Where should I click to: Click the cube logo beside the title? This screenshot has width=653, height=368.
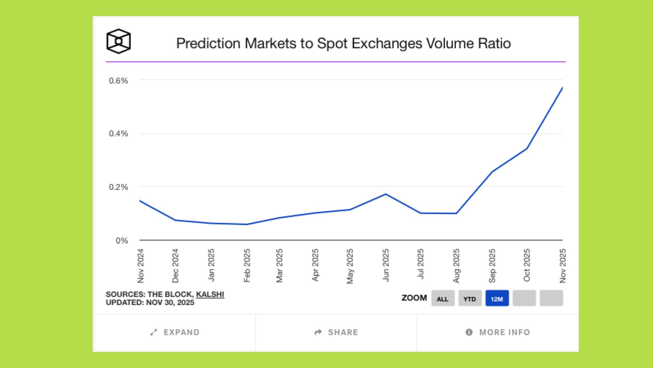coord(118,41)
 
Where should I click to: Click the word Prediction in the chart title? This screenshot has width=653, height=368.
coord(208,44)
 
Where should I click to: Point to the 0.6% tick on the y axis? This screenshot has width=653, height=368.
coord(118,81)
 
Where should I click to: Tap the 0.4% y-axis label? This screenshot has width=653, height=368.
coord(118,134)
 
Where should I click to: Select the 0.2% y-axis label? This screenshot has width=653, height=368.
coord(118,187)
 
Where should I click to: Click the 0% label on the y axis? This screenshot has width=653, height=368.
coord(122,241)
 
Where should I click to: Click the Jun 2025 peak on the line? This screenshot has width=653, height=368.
coord(386,194)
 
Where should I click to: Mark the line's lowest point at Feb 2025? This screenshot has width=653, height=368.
coord(247,224)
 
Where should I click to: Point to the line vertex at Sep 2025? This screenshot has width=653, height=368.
coord(492,171)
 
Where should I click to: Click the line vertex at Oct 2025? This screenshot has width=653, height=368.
coord(527,149)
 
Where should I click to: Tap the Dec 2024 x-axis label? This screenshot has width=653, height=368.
coord(175,265)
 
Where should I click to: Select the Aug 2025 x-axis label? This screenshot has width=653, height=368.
coord(456,265)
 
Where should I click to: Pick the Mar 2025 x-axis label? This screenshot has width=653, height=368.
coord(280,265)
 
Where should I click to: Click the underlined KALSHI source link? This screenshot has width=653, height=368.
coord(210,294)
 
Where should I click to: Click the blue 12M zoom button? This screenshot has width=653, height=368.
coord(497,298)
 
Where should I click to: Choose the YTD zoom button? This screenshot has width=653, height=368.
coord(470,298)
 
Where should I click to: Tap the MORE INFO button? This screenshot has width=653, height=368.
coord(498,332)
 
